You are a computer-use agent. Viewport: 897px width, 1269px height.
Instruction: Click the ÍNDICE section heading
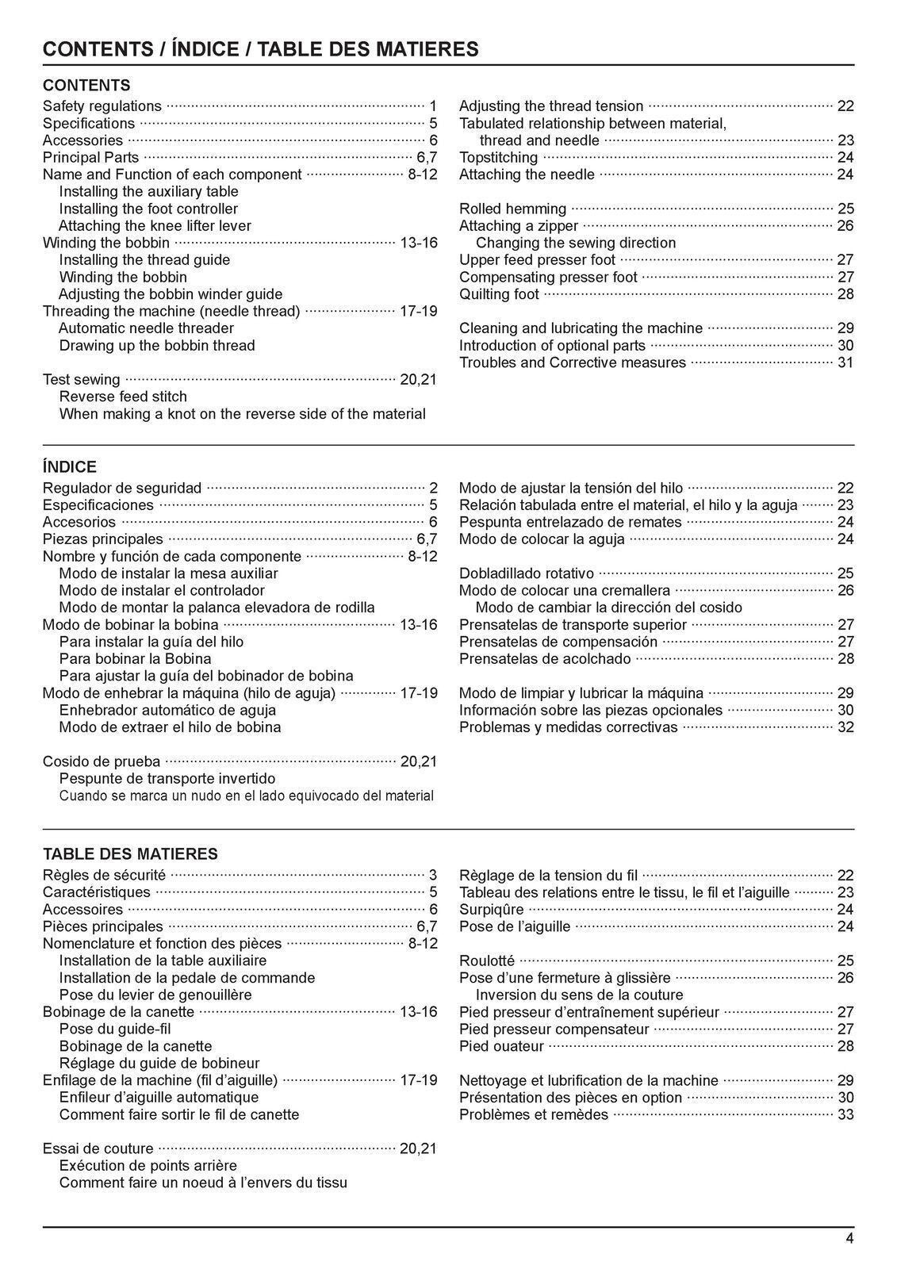(x=70, y=467)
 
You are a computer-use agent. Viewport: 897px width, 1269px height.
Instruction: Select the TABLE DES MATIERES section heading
(x=130, y=854)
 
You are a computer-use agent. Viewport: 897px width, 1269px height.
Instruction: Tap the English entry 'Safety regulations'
(x=102, y=106)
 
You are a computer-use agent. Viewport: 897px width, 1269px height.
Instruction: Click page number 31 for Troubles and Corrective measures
(x=845, y=363)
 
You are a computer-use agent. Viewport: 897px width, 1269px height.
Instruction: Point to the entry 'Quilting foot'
(x=499, y=294)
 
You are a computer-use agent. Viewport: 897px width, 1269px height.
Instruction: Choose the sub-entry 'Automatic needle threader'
(x=147, y=328)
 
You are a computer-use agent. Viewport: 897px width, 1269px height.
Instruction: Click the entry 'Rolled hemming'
(x=512, y=209)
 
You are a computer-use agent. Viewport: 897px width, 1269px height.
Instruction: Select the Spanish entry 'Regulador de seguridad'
(x=121, y=489)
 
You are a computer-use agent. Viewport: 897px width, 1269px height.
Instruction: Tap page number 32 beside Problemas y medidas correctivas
(x=845, y=727)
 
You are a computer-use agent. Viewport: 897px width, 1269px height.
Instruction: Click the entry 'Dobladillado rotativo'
(x=526, y=573)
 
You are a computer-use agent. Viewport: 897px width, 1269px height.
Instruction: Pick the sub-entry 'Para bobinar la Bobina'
(x=135, y=659)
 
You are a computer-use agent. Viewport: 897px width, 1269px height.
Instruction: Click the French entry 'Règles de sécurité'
(x=104, y=876)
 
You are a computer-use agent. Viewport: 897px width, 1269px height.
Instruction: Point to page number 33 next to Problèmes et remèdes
(x=845, y=1115)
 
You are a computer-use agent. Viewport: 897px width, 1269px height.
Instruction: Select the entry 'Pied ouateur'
(x=501, y=1047)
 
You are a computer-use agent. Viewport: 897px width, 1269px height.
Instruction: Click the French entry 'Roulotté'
(x=486, y=961)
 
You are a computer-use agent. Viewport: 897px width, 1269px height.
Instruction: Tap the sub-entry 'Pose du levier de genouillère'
(x=155, y=995)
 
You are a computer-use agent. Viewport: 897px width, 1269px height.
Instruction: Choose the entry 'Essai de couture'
(x=98, y=1149)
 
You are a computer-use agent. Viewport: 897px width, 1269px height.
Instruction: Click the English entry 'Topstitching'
(x=498, y=158)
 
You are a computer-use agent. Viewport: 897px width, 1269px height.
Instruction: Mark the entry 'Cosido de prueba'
(x=101, y=762)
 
